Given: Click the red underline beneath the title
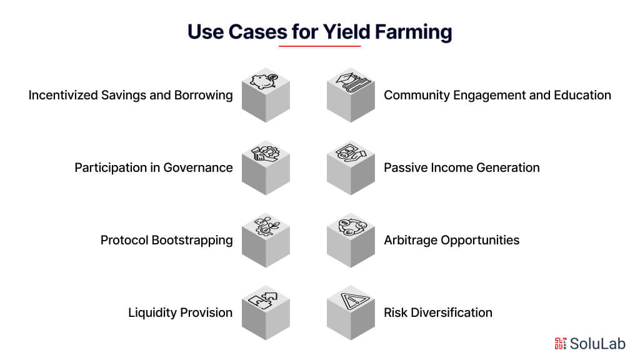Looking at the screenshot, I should (x=320, y=46).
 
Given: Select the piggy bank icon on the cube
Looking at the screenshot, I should (x=266, y=81).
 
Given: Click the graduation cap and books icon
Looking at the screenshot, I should (x=352, y=81).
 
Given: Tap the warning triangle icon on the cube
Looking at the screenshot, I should (x=352, y=298).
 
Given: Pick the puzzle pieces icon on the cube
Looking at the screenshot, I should (x=266, y=298).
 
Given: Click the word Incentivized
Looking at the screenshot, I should (x=63, y=96).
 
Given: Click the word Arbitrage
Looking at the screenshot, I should (x=410, y=241).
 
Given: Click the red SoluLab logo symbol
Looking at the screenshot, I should (x=561, y=342).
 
